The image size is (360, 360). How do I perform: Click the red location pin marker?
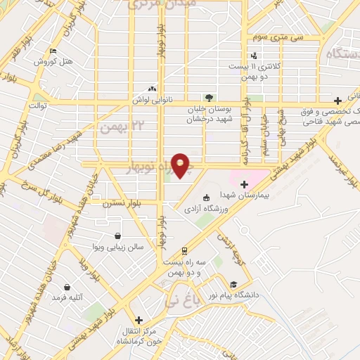coord(181,165)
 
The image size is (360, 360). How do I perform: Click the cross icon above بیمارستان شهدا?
coord(244,184)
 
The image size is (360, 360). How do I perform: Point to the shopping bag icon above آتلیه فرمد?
coord(67,287)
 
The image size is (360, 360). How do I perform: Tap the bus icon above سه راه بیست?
coord(184,250)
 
